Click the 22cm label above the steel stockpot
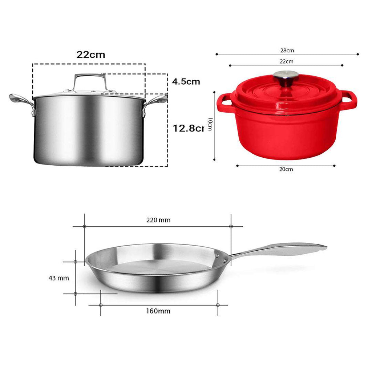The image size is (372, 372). pyautogui.click(x=90, y=55)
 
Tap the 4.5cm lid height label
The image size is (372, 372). pyautogui.click(x=186, y=81)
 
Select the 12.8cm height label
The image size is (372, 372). pyautogui.click(x=188, y=129)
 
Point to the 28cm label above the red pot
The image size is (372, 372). pyautogui.click(x=287, y=50)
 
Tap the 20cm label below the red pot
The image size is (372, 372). pyautogui.click(x=286, y=169)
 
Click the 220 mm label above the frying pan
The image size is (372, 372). pyautogui.click(x=158, y=220)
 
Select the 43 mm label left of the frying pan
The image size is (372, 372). pyautogui.click(x=58, y=278)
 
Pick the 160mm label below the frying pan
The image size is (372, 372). pyautogui.click(x=159, y=311)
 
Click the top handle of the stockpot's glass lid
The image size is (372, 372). pyautogui.click(x=90, y=80)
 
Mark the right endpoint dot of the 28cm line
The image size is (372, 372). pyautogui.click(x=358, y=54)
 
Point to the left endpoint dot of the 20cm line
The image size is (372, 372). pyautogui.click(x=237, y=166)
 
